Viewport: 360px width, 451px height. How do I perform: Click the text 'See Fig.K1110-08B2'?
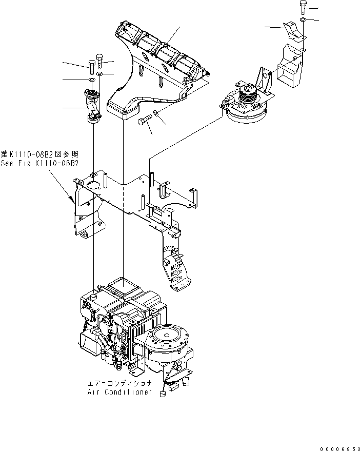(39, 163)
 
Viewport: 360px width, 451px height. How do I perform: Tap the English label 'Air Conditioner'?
(119, 392)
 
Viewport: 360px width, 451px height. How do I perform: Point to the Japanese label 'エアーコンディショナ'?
(119, 383)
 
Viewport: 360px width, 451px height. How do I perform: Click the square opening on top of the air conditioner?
(124, 282)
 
